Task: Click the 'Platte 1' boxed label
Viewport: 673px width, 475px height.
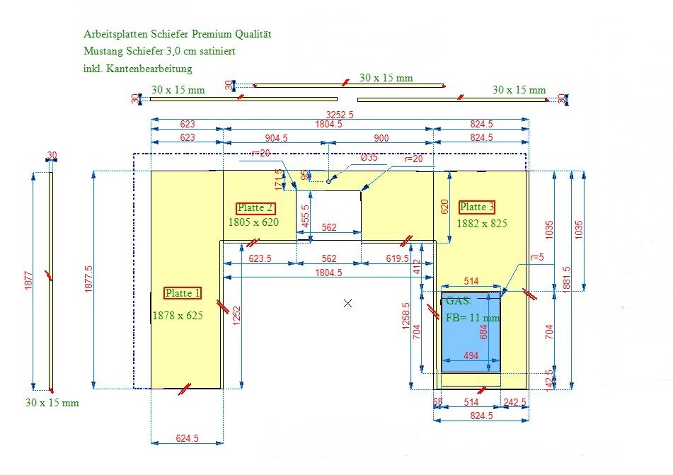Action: click(x=183, y=293)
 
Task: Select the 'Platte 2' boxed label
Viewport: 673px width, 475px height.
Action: click(x=255, y=208)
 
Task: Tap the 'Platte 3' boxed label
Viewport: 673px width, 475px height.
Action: click(x=476, y=207)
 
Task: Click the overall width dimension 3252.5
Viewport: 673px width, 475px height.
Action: click(x=340, y=114)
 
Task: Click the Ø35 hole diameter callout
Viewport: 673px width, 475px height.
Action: click(x=369, y=158)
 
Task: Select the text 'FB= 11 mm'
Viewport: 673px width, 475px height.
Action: click(x=472, y=318)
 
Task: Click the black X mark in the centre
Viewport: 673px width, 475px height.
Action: click(x=347, y=303)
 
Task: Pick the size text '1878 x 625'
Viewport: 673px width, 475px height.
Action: click(x=178, y=316)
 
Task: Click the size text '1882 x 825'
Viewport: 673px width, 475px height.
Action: click(x=482, y=223)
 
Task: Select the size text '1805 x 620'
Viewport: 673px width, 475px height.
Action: click(x=253, y=222)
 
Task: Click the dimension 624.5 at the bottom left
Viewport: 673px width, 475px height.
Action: click(x=186, y=439)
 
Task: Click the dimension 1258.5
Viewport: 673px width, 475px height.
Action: click(x=405, y=315)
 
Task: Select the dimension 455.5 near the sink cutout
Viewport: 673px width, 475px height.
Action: click(x=305, y=216)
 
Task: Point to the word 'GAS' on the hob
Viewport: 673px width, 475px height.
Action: click(x=456, y=301)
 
